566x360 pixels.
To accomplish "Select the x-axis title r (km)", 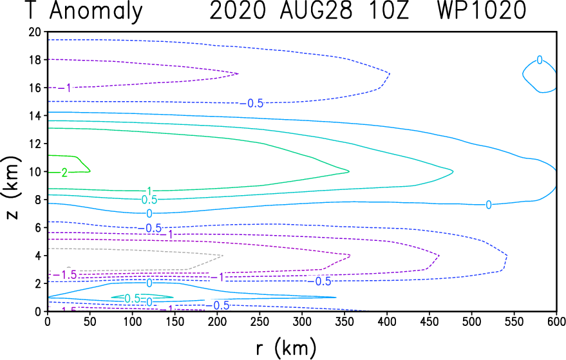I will (285, 348).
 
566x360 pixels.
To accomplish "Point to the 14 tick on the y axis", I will (35, 115).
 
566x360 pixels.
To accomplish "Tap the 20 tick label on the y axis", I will (35, 32).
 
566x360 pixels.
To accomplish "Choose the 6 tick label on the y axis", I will (39, 227).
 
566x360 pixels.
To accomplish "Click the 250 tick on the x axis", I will (174, 321).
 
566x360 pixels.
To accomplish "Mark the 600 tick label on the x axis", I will (556, 321).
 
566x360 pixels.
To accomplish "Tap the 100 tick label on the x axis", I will (132, 321).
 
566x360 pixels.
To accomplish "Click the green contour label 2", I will (64, 172).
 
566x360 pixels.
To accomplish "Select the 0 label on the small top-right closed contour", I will (540, 60).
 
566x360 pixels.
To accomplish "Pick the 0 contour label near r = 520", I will (489, 205).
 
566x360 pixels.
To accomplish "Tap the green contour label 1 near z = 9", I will (149, 191).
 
